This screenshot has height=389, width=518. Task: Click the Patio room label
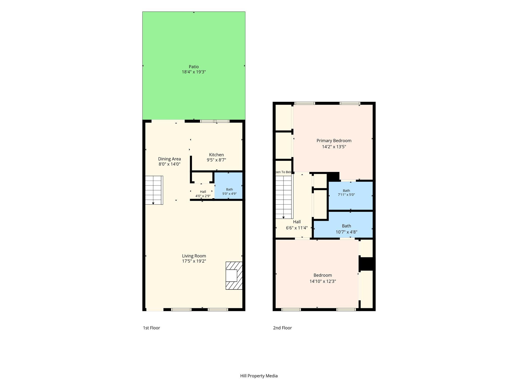194,67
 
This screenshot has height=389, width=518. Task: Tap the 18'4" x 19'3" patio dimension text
194,72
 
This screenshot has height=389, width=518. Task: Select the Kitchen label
216,155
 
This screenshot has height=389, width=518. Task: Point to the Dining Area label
169,159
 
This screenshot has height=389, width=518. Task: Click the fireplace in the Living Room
234,276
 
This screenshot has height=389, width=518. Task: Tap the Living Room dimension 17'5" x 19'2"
194,261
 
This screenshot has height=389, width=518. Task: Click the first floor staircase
154,190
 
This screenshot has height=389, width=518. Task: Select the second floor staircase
284,197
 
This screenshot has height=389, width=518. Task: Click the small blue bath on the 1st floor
228,186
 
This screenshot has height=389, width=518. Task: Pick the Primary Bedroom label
334,141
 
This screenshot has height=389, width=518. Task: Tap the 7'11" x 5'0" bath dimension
346,195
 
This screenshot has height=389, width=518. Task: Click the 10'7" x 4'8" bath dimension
347,232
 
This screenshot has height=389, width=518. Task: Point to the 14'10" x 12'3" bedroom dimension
323,281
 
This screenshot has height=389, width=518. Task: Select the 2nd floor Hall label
297,222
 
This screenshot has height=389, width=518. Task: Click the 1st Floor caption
152,328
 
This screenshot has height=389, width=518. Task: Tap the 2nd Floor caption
282,328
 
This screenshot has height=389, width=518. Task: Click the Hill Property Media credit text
259,376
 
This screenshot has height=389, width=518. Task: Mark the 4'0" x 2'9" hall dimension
203,196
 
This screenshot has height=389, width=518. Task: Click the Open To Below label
284,172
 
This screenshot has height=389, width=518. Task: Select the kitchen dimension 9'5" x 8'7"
216,160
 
